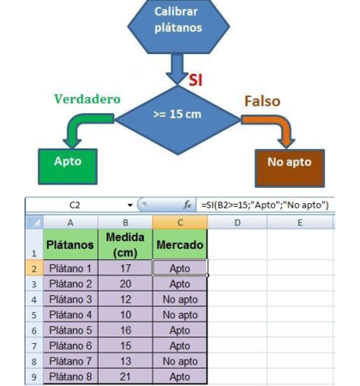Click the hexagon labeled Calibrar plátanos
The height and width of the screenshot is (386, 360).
click(x=178, y=27)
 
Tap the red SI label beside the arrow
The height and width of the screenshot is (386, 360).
click(x=195, y=80)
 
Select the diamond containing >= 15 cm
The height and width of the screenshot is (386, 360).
click(x=177, y=120)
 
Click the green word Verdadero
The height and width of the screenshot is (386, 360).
click(x=87, y=100)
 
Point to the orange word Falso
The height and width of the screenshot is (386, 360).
click(x=262, y=101)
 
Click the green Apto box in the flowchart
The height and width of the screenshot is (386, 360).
click(x=68, y=166)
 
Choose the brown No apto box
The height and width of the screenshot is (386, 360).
click(x=290, y=168)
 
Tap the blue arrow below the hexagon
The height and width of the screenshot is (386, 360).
click(x=177, y=69)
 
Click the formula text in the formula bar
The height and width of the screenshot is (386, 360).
click(x=265, y=205)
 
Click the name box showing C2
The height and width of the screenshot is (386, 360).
click(x=75, y=205)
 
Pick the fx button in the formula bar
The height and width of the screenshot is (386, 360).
click(x=188, y=205)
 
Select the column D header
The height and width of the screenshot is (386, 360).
click(x=237, y=222)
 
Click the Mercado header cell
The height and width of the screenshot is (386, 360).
click(x=180, y=244)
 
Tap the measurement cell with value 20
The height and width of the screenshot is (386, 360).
click(x=125, y=284)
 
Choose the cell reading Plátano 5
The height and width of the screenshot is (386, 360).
click(x=70, y=330)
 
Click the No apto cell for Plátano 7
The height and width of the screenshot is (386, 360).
click(x=180, y=361)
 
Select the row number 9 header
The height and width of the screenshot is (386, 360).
click(x=34, y=377)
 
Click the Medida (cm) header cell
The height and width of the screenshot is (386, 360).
click(x=125, y=244)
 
